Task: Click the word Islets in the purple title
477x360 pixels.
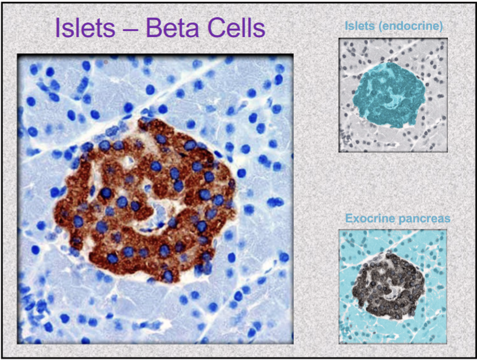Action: coord(85,28)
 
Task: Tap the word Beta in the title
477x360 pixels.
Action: coord(172,28)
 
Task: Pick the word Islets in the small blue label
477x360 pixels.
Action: coord(360,25)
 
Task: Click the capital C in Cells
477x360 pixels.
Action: coord(216,28)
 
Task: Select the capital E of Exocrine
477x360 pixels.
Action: coord(349,219)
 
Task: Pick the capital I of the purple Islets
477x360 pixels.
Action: coord(57,28)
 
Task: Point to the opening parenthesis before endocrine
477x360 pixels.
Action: coord(381,27)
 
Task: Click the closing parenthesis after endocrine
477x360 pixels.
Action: coord(441,27)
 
